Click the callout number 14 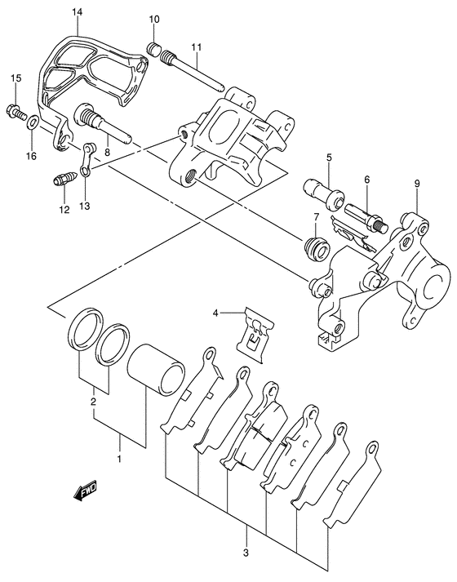click(x=77, y=11)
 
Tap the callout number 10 click(x=154, y=18)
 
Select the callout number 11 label click(x=196, y=47)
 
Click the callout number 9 click(x=416, y=184)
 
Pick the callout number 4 click(x=216, y=313)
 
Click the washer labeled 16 click(x=33, y=123)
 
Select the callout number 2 click(x=94, y=402)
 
